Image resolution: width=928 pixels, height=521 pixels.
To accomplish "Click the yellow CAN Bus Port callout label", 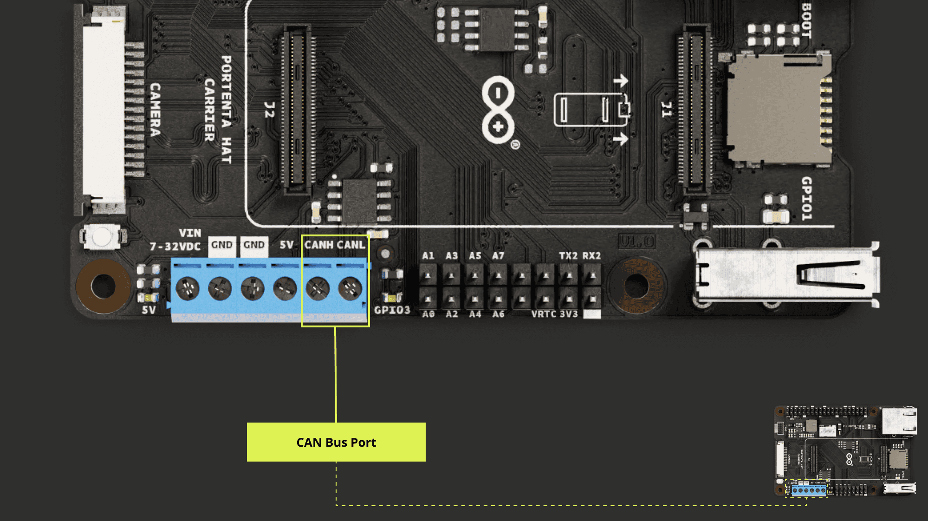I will pyautogui.click(x=336, y=442).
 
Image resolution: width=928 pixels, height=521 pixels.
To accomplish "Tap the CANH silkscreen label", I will pyautogui.click(x=318, y=245).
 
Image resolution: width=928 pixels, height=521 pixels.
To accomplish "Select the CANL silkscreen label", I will pyautogui.click(x=351, y=245).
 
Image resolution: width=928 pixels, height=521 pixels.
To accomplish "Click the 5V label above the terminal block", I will pyautogui.click(x=286, y=245).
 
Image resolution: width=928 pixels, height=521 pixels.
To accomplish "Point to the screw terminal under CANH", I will pyautogui.click(x=318, y=288).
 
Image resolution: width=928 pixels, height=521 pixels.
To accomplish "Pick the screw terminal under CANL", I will pyautogui.click(x=350, y=288).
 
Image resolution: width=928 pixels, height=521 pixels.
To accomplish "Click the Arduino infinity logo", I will pyautogui.click(x=498, y=110).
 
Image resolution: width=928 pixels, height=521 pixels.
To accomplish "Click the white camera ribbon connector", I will pyautogui.click(x=104, y=110).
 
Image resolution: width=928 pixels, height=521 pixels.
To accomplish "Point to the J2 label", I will pyautogui.click(x=269, y=110).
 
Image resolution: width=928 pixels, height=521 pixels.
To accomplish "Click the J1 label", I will pyautogui.click(x=666, y=110).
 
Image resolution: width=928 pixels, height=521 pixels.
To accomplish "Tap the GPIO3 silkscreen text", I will pyautogui.click(x=392, y=310).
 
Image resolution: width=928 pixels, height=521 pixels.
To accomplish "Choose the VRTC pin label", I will pyautogui.click(x=544, y=314).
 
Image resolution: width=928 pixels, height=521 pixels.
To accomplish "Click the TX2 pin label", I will pyautogui.click(x=568, y=256).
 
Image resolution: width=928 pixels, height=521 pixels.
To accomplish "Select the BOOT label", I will pyautogui.click(x=806, y=21).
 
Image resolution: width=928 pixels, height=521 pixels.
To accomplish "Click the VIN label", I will pyautogui.click(x=190, y=233).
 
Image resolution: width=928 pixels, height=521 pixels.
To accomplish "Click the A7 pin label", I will pyautogui.click(x=498, y=256).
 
